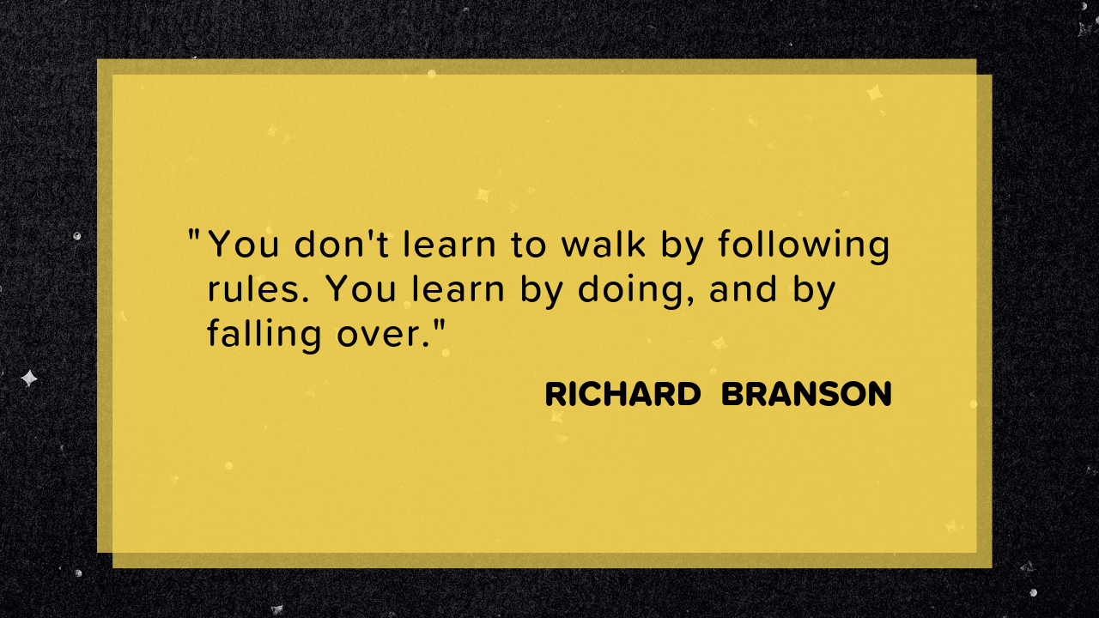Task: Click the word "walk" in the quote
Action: pos(604,245)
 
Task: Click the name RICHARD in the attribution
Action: pos(622,395)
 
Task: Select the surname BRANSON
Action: pos(806,395)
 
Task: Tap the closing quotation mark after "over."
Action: pos(442,325)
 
